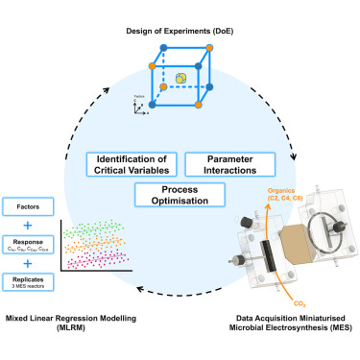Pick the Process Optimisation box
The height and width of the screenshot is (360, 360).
click(181, 195)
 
